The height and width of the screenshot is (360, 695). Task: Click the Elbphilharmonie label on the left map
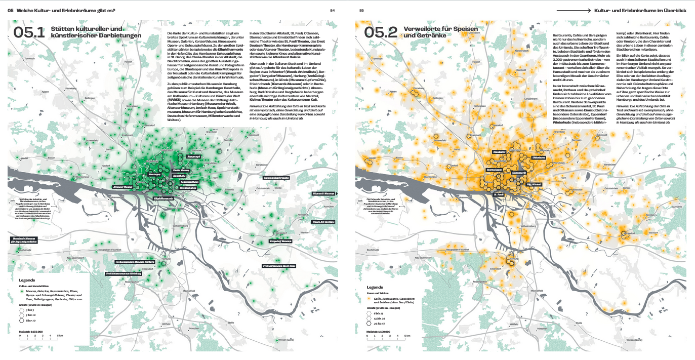163,198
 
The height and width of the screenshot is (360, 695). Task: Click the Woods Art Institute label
323,222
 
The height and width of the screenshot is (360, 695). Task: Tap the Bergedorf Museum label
280,242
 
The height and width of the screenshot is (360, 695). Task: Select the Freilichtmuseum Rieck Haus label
279,265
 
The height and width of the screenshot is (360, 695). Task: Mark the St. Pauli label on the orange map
499,193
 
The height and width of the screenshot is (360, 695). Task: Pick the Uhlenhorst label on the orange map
539,158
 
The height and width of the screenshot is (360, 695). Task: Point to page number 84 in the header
332,10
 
